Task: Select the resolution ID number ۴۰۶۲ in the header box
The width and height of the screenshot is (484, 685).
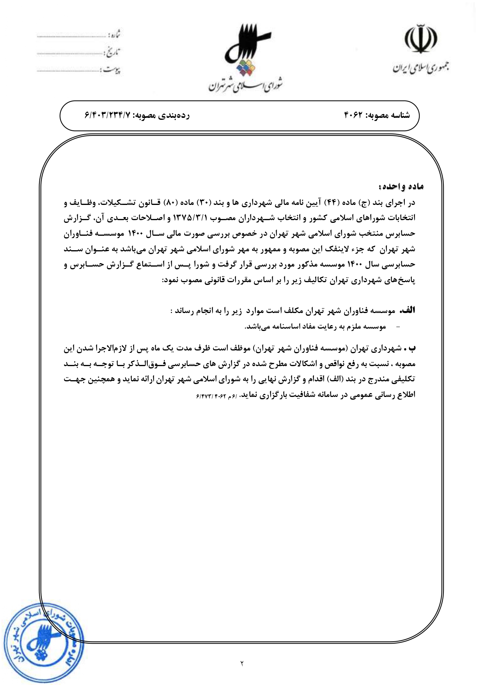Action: (x=353, y=115)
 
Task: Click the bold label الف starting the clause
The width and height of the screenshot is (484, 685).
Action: (x=408, y=311)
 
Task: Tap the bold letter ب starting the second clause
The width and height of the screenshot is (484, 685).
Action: (x=412, y=348)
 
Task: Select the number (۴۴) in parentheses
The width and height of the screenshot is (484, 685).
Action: (x=330, y=203)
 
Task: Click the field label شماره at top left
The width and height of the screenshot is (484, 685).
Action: (x=113, y=35)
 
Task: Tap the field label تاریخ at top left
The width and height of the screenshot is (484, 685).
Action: (x=113, y=52)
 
